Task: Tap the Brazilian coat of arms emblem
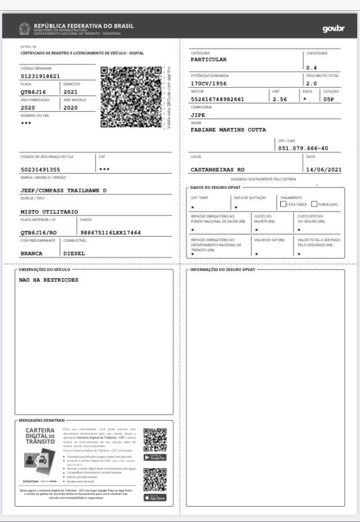click(25, 29)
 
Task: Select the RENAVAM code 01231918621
click(40, 76)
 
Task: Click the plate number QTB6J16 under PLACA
click(33, 92)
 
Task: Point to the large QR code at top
click(131, 97)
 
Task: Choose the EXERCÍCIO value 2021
click(71, 92)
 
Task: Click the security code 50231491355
click(40, 169)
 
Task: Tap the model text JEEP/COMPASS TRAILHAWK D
click(64, 190)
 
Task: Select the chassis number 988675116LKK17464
click(111, 232)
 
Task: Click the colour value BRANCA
click(31, 253)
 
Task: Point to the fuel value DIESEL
click(74, 253)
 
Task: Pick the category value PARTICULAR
click(209, 59)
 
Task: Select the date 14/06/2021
click(323, 169)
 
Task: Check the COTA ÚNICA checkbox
click(283, 204)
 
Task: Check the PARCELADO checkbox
click(314, 204)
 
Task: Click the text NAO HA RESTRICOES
click(49, 280)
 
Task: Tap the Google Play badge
click(155, 457)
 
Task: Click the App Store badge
click(155, 497)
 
